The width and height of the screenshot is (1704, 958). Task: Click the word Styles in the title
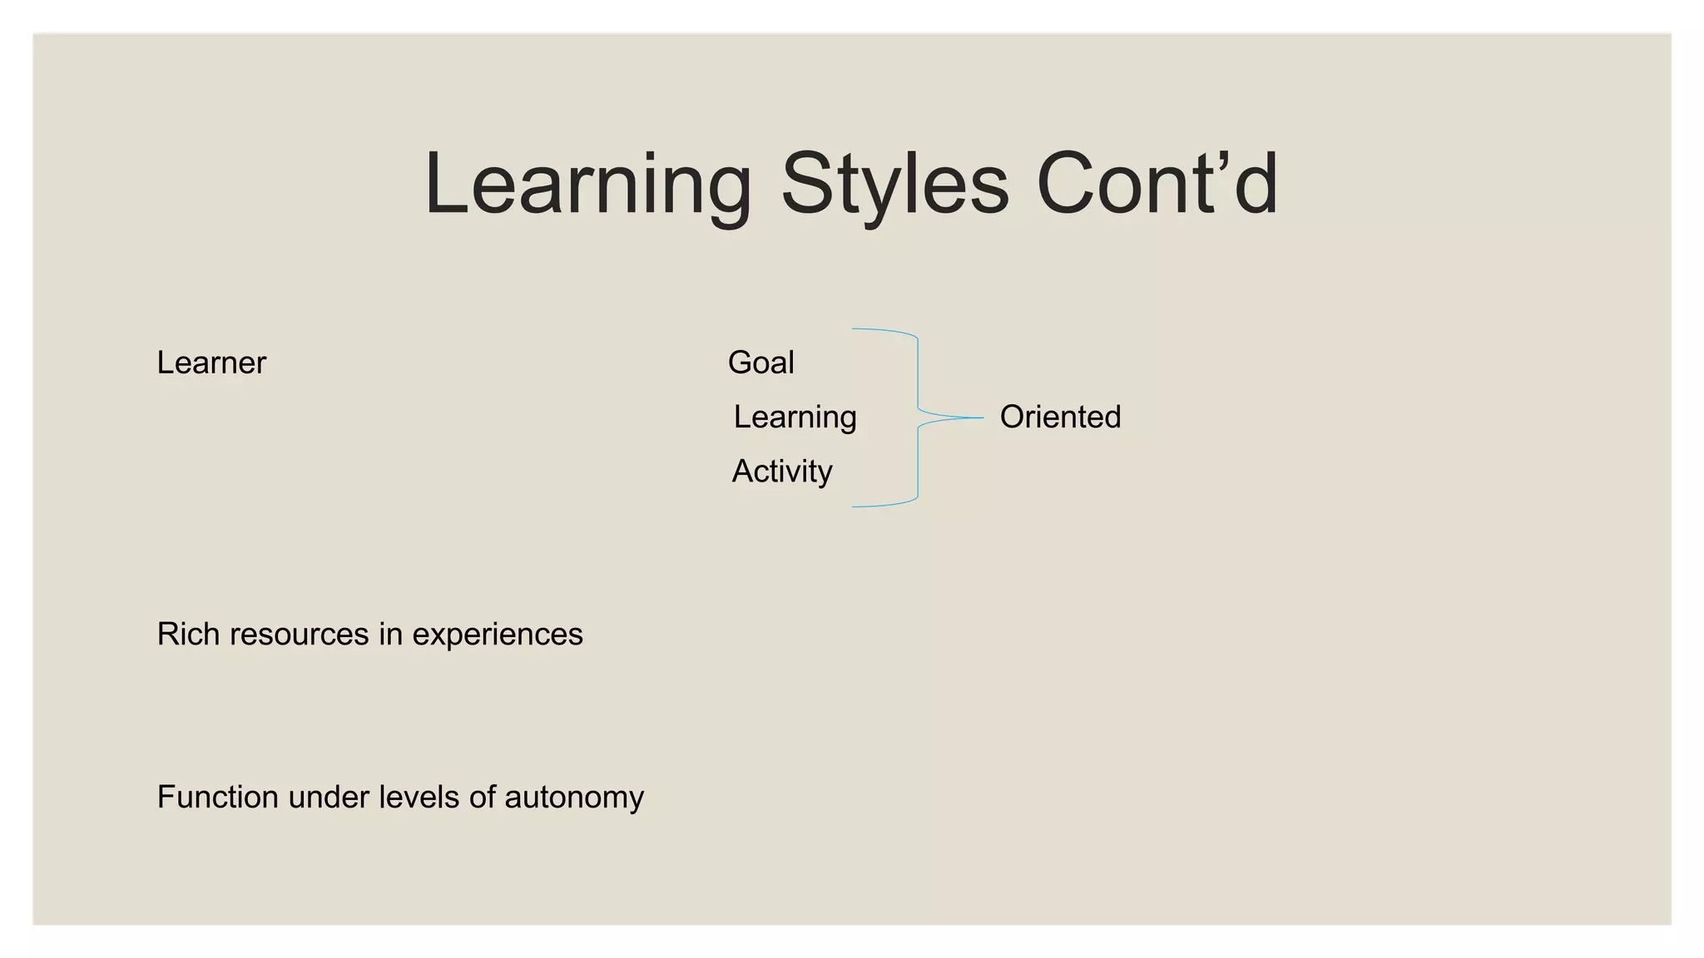894,184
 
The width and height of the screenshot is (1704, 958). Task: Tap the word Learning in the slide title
587,184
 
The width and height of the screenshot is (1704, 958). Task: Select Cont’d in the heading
1157,184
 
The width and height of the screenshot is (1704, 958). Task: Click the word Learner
211,363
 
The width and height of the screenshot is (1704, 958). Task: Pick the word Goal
760,363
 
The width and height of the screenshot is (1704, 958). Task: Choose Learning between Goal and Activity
795,417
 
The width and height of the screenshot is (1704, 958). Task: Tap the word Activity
782,472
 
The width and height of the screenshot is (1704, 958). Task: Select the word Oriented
1060,417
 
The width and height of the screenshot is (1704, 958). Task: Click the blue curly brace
918,374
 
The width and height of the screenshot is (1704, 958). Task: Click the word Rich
188,635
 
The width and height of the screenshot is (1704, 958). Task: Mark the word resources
299,635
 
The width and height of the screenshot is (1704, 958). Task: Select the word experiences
498,635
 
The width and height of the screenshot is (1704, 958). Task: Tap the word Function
217,798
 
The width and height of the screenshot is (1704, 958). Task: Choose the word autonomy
574,798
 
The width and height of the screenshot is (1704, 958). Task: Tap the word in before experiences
390,635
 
